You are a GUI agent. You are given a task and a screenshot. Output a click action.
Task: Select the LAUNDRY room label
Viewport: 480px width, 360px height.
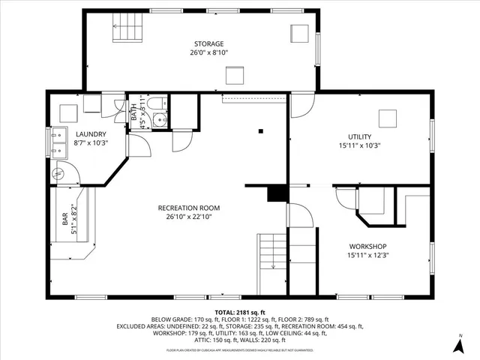tap(90, 134)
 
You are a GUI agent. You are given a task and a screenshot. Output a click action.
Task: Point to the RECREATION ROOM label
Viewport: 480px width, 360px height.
tap(189, 208)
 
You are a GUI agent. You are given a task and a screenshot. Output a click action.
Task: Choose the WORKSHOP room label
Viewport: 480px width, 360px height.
tap(367, 247)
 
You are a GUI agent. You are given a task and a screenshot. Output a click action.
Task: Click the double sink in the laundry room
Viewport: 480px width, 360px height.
tap(58, 143)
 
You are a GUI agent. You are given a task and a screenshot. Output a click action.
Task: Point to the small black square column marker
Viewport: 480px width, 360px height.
tap(260, 130)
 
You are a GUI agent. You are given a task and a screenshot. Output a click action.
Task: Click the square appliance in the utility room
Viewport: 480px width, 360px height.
tap(388, 118)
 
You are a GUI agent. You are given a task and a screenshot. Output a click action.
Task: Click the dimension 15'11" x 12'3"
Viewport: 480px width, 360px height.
tap(367, 256)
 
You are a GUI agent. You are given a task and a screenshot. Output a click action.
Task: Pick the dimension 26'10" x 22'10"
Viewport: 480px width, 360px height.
tap(189, 217)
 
